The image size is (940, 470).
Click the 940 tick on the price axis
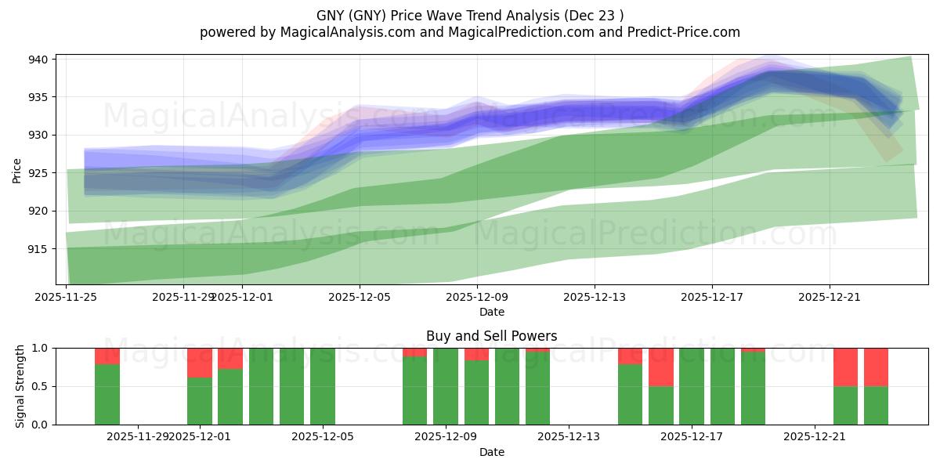[39, 60]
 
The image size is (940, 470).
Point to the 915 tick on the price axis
[39, 249]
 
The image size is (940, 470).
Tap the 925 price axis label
[39, 173]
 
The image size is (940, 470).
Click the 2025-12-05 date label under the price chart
[360, 297]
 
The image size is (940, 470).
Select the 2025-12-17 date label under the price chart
[711, 297]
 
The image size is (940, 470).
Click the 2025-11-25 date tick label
[66, 297]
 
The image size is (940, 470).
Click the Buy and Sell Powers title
[491, 336]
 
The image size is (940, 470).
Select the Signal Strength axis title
[20, 386]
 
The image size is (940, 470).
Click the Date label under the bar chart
[491, 452]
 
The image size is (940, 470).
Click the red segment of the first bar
[107, 356]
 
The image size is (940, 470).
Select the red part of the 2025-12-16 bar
[661, 367]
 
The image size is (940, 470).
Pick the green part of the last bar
[876, 405]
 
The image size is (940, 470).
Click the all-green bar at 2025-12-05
[323, 386]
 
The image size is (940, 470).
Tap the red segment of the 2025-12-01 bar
[200, 363]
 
